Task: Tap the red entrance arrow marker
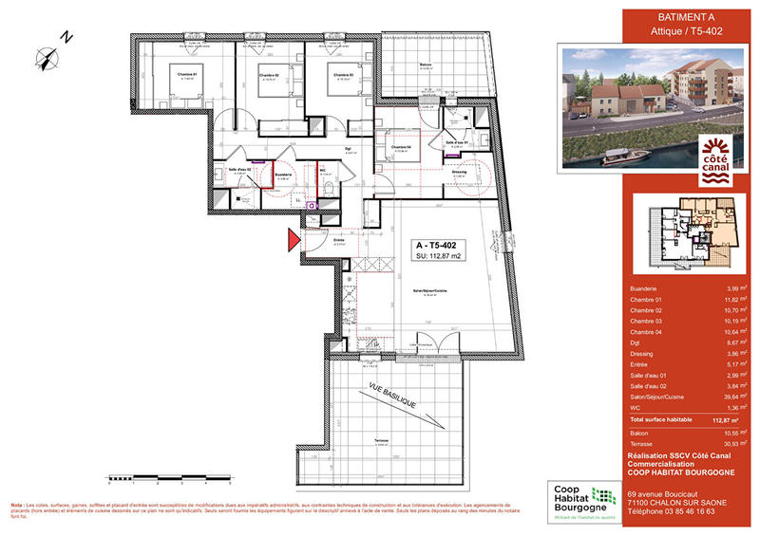click(x=294, y=240)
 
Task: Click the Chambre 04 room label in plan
click(x=399, y=147)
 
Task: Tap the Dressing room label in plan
click(x=461, y=171)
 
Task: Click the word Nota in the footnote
click(x=17, y=505)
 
